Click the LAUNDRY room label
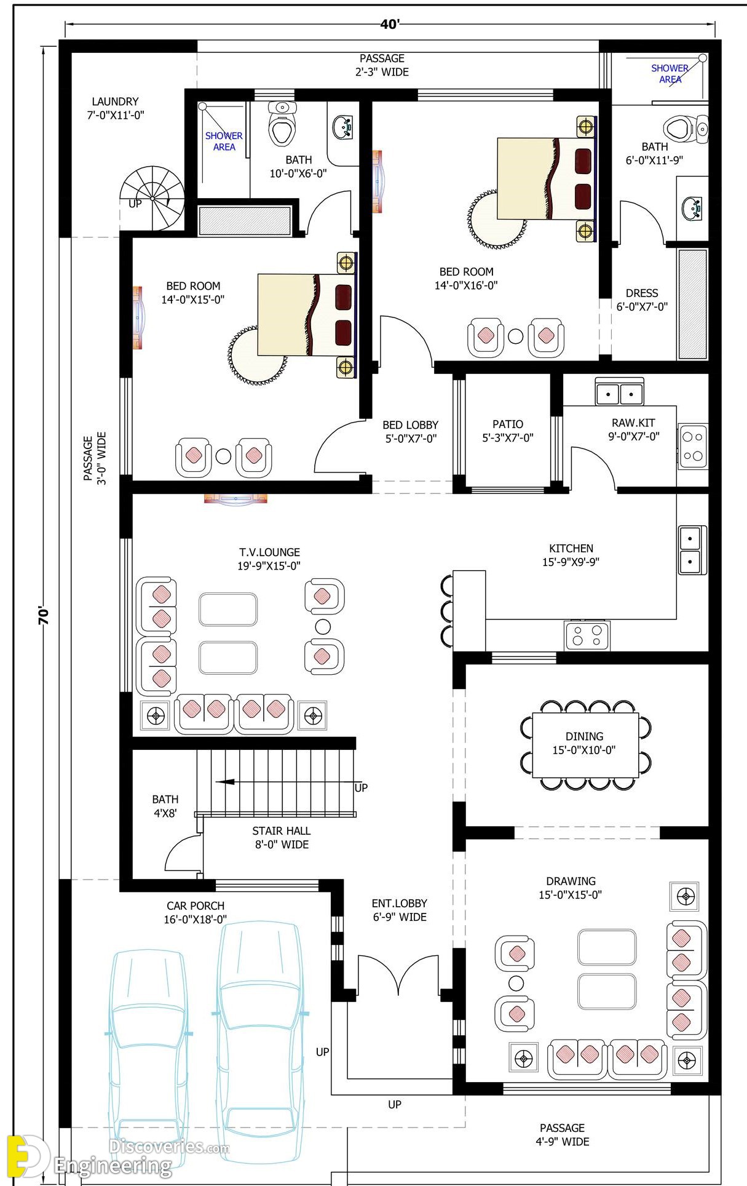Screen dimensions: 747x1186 [116, 101]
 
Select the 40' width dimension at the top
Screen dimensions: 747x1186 [390, 24]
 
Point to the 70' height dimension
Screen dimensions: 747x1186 [43, 616]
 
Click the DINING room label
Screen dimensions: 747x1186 [584, 736]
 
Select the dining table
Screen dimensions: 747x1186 [585, 745]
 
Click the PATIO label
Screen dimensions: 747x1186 [508, 424]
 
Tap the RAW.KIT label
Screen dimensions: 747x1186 [633, 423]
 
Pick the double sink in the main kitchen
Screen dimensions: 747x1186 [692, 550]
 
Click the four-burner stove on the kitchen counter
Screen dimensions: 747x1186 [587, 635]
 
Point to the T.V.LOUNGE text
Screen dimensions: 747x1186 [269, 552]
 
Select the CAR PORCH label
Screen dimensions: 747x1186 [196, 905]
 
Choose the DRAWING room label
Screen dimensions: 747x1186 [571, 881]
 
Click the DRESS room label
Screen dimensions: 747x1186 [642, 293]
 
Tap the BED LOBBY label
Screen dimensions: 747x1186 [410, 424]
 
